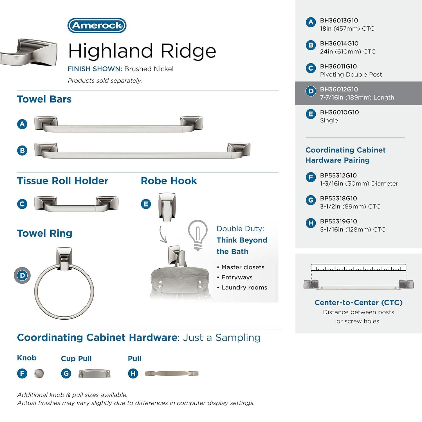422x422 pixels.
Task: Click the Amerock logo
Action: click(x=97, y=26)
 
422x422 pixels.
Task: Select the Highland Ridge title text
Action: click(x=142, y=51)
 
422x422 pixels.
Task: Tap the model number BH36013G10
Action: click(x=339, y=21)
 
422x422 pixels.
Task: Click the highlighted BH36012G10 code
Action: click(x=339, y=89)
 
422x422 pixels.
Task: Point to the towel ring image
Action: click(x=64, y=284)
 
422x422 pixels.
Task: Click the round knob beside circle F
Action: click(x=39, y=374)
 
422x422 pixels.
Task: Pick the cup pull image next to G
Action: click(x=94, y=374)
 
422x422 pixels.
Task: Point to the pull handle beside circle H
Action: click(x=172, y=374)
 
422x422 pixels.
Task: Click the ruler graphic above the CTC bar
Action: click(x=358, y=267)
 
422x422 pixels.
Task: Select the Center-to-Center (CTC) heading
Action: click(x=358, y=302)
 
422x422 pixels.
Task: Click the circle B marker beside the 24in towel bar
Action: click(x=22, y=151)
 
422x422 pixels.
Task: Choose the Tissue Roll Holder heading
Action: click(x=62, y=181)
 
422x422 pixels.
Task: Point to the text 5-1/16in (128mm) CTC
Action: click(x=352, y=230)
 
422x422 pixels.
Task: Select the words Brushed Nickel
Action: click(x=149, y=69)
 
